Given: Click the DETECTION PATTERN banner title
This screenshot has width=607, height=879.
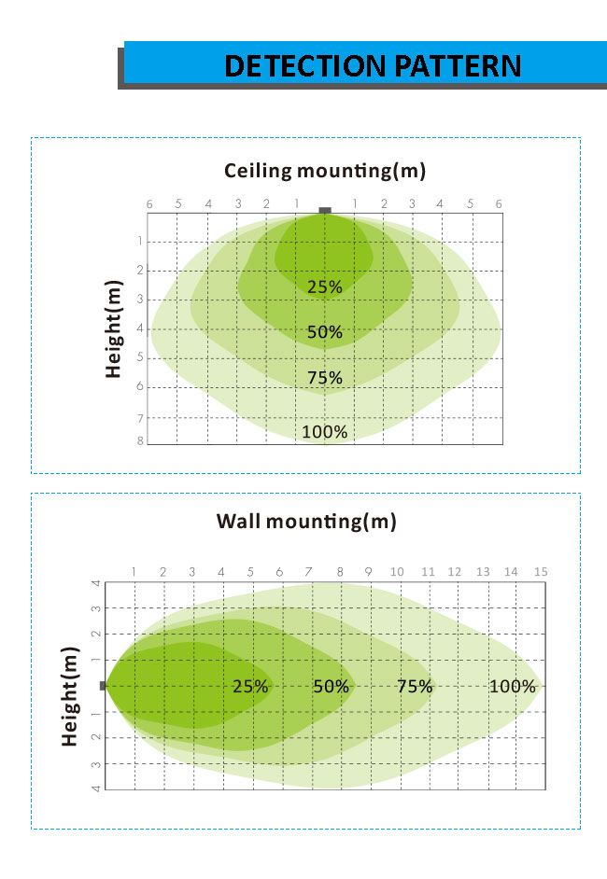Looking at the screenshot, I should click(373, 65).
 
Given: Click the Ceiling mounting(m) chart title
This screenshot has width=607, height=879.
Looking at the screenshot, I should click(324, 171).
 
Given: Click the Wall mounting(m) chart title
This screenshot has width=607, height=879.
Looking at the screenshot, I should click(306, 521).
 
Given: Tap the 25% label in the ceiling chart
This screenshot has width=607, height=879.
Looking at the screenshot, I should click(325, 286).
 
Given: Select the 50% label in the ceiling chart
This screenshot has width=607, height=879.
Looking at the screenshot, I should click(325, 331).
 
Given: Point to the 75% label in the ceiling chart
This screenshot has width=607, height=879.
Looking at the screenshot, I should click(325, 377).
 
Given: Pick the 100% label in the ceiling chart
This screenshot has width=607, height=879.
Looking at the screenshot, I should click(325, 431).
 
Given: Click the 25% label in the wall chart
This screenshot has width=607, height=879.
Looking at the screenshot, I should click(250, 686).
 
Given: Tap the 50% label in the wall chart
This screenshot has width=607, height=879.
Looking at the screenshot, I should click(331, 686).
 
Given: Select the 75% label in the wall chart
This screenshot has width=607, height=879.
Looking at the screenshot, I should click(415, 686).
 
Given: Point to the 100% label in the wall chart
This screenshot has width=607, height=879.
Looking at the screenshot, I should click(513, 686).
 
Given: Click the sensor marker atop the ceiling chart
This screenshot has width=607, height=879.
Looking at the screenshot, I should click(325, 211).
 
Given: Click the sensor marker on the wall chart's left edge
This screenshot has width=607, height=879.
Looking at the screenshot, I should click(104, 685).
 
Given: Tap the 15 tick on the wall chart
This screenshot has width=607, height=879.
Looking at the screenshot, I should click(540, 571).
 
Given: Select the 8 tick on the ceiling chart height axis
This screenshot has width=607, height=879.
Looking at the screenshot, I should click(141, 440).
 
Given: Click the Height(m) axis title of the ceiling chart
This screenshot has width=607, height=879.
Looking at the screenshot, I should click(114, 328).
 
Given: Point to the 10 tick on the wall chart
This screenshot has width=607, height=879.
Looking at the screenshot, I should click(397, 571).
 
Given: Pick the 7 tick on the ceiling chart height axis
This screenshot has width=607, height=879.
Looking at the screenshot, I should click(141, 418).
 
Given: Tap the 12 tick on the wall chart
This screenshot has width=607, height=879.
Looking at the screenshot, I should click(454, 571).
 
